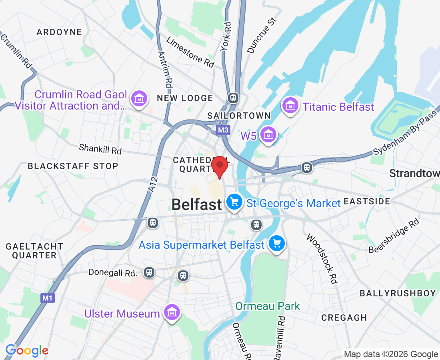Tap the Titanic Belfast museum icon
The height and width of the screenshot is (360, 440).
pos(291,106)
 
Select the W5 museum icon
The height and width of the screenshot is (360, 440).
pos(268,135)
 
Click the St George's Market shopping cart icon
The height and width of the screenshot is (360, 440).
pos(234,201)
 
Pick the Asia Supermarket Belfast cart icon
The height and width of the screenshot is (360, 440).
pos(277,243)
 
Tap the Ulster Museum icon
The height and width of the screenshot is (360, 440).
pos(172,312)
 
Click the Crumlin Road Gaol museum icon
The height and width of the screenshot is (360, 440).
pos(139,98)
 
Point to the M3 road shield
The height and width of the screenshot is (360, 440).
pos(223,130)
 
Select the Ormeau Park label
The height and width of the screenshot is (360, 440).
pos(268,306)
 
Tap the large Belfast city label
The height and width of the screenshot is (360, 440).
pos(196,205)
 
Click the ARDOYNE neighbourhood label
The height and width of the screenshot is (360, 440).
pos(59,32)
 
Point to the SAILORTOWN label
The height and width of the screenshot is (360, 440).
pos(239,116)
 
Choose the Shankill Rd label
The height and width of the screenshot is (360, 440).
pos(100,149)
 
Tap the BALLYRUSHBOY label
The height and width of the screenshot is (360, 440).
pos(398,293)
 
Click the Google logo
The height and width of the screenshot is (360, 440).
pos(27,350)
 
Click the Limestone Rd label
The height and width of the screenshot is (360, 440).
pos(190,52)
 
